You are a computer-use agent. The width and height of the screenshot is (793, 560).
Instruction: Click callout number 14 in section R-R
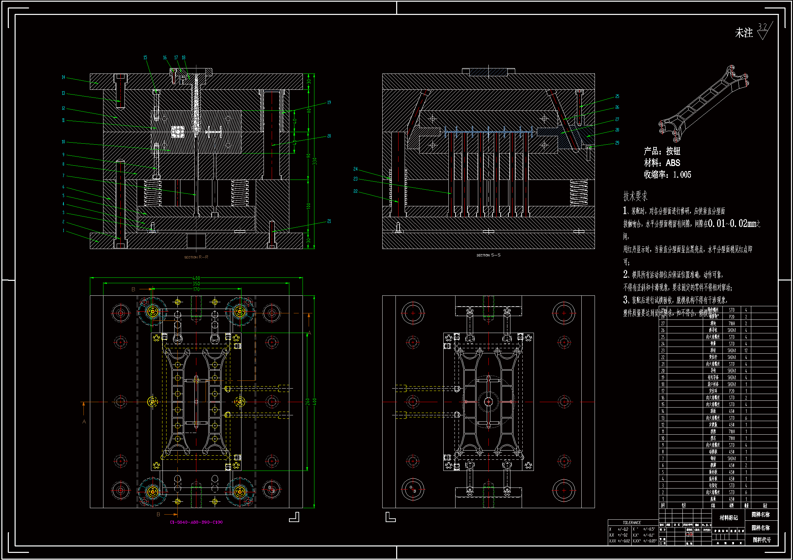(x=63, y=77)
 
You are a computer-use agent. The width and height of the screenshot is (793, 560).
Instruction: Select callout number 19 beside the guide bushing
(x=329, y=102)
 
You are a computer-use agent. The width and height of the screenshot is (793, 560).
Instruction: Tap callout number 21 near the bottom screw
(x=329, y=221)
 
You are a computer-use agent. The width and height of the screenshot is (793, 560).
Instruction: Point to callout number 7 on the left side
(x=63, y=175)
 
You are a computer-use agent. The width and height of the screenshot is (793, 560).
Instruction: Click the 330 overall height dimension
(x=314, y=161)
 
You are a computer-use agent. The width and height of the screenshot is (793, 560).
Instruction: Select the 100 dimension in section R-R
(x=308, y=206)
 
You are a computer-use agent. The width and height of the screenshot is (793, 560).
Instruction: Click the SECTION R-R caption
(x=196, y=257)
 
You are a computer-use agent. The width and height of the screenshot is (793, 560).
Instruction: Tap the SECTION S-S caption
(x=488, y=255)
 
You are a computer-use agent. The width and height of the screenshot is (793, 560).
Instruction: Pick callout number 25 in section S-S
(x=617, y=96)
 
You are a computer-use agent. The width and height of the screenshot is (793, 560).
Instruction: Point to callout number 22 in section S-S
(x=355, y=191)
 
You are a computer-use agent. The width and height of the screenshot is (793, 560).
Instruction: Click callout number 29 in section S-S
(x=617, y=143)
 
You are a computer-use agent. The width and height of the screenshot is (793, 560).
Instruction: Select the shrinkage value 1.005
(x=682, y=174)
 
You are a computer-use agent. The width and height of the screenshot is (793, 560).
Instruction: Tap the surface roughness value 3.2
(x=762, y=27)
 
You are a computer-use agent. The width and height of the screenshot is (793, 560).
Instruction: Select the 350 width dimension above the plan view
(x=196, y=284)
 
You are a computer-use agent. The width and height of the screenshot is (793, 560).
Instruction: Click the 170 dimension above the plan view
(x=196, y=289)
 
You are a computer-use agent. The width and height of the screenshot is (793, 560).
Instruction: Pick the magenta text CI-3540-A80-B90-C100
(x=196, y=522)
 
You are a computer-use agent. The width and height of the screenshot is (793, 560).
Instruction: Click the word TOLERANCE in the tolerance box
(x=632, y=522)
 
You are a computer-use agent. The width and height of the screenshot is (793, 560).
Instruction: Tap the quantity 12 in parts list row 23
(x=746, y=350)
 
